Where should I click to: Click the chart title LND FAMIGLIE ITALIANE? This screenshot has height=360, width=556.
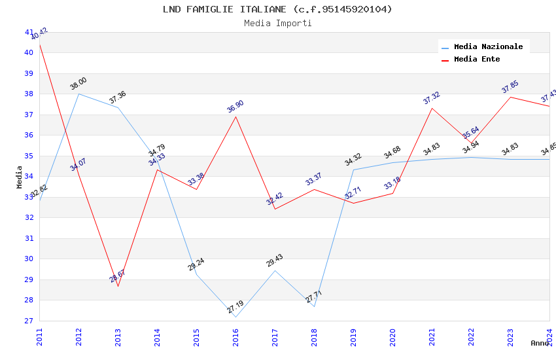point(277,9)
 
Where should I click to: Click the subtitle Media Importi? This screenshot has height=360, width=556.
point(277,24)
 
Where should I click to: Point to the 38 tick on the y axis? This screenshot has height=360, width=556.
point(29,94)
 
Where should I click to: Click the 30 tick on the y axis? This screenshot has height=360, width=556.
point(29,259)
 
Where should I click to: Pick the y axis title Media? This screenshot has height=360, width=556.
point(20,177)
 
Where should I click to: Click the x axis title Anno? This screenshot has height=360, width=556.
point(540,343)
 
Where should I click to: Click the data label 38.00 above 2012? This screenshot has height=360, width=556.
point(78,84)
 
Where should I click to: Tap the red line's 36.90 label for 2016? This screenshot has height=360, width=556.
point(235,107)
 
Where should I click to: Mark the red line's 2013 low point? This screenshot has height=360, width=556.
point(118,286)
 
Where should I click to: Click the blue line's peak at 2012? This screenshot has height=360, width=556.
point(78,94)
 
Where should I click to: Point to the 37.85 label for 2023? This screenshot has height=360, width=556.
point(510,87)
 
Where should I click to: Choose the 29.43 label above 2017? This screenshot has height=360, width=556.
point(275,261)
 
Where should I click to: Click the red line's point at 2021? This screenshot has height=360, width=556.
point(432,108)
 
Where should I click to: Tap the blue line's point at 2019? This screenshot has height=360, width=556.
point(353,170)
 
